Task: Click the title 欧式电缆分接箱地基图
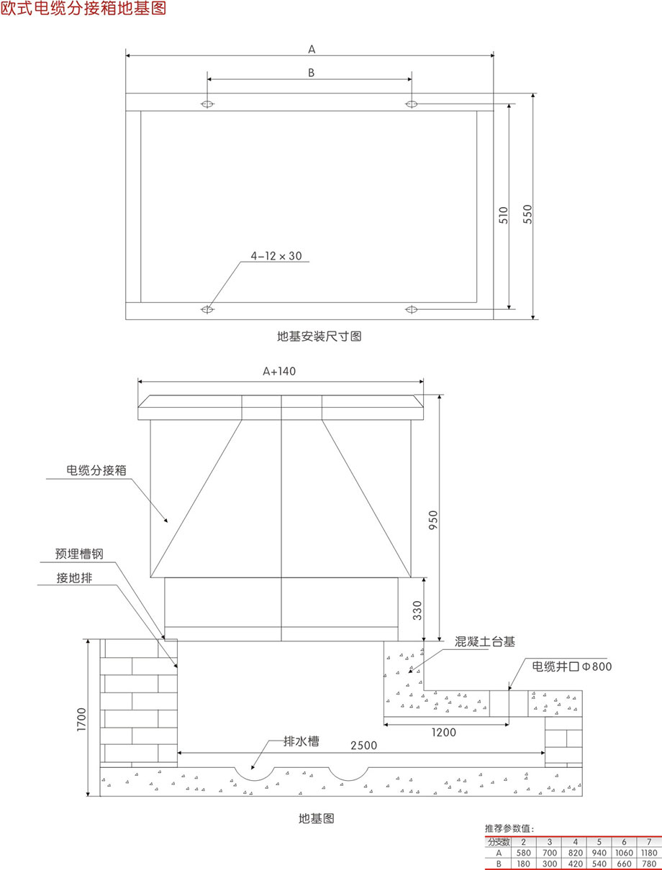point(83,9)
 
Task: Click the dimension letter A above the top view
point(312,49)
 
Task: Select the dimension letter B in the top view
point(311,72)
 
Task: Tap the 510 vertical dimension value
point(503,216)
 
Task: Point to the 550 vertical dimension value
point(527,216)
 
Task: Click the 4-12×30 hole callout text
point(276,255)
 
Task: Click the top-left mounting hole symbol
point(207,104)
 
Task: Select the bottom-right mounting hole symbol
point(412,309)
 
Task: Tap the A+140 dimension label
point(279,371)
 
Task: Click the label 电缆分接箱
point(96,470)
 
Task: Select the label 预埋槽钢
point(80,554)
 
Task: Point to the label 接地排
point(75,577)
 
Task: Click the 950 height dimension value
point(432,521)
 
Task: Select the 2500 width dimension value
point(363,746)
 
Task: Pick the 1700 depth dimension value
point(81,718)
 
